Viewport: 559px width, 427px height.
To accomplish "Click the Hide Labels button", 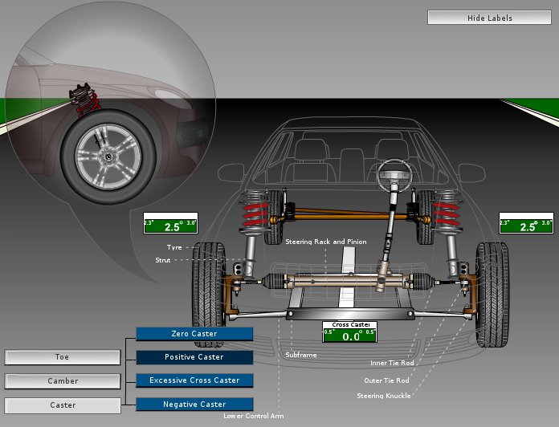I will (489, 18).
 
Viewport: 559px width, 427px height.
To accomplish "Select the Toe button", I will (63, 357).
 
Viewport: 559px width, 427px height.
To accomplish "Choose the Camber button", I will (63, 381).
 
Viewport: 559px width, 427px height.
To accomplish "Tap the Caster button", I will (63, 405).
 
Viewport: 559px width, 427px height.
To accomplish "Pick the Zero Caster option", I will (194, 334).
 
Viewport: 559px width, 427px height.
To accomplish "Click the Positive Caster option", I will (194, 357).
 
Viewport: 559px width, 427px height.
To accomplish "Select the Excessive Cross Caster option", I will (194, 380).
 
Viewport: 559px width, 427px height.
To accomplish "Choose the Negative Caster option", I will (194, 404).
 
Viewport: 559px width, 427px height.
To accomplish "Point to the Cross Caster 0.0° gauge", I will (349, 333).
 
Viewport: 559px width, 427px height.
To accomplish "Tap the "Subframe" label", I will (300, 354).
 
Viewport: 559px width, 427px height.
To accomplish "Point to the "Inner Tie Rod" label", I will (392, 363).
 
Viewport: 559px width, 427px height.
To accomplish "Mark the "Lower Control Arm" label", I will (253, 416).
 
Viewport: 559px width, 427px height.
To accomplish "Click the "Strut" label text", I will (164, 259).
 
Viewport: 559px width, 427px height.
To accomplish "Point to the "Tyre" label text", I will (174, 247).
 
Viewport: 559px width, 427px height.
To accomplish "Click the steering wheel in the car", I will (395, 171).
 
